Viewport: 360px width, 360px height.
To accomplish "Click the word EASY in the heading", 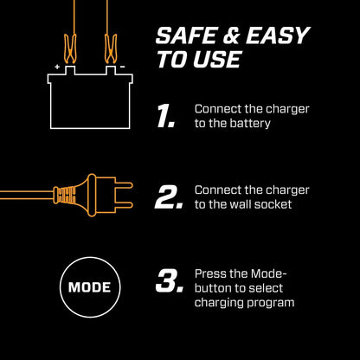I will [x=278, y=35].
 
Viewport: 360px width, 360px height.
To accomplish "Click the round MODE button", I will [x=90, y=286].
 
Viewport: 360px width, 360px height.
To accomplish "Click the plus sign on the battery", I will [x=57, y=67].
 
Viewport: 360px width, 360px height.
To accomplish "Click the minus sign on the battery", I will [x=122, y=67].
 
